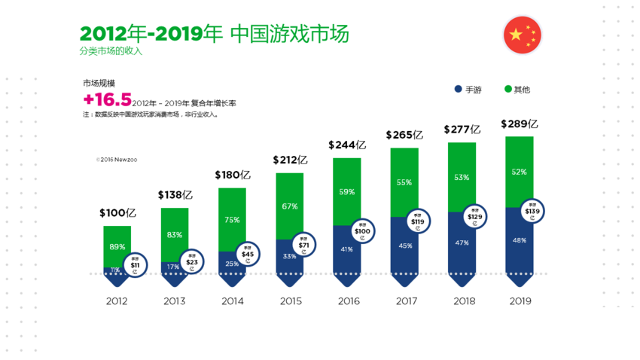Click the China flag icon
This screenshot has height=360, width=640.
(x=522, y=35)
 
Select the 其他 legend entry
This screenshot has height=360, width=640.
(x=517, y=90)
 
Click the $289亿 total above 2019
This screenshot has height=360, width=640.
(x=519, y=124)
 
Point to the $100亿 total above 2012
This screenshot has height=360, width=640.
(x=117, y=213)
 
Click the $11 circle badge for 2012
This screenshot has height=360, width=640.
(x=135, y=265)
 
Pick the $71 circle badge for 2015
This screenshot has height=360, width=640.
(x=303, y=245)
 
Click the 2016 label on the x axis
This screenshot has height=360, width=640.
(x=348, y=301)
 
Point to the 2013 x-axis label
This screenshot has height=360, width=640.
(x=175, y=301)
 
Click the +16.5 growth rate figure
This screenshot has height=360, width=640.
(x=108, y=100)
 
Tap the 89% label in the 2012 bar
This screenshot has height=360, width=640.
(x=117, y=247)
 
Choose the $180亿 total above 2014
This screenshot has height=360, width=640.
(x=233, y=175)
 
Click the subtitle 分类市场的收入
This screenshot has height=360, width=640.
(x=111, y=51)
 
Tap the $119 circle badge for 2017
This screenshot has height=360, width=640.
(x=418, y=222)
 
